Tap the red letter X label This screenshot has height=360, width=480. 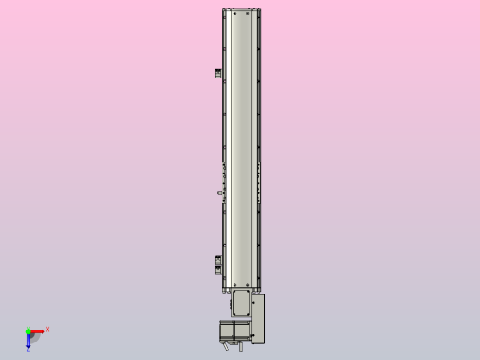coord(47,329)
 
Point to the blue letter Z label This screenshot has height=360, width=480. coord(28,349)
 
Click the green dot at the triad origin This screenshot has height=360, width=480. coord(29,330)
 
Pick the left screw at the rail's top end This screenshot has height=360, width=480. coord(234,13)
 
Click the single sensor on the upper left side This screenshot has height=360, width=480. coord(219,74)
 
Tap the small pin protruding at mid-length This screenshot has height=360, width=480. coord(219,193)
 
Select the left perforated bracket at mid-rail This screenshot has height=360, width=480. coord(223,174)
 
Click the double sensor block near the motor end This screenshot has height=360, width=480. coord(219,263)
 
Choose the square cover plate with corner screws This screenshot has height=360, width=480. coord(240,303)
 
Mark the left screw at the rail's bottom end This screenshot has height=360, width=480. coord(234,281)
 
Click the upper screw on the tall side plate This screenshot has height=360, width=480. coord(258,300)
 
